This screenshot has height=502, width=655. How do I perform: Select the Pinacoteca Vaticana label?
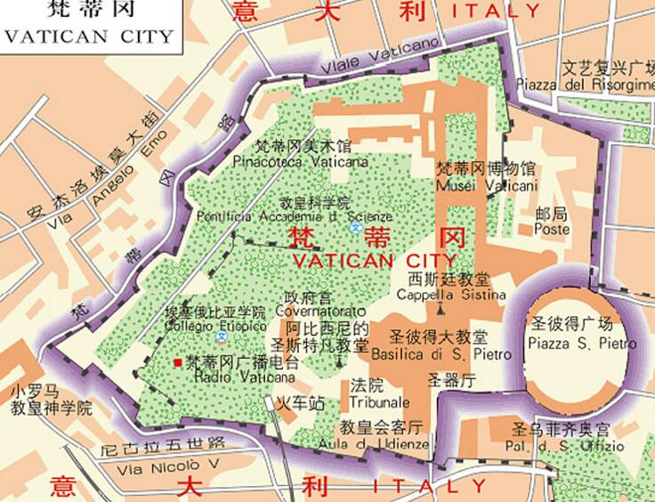pyautogui.click(x=287, y=163)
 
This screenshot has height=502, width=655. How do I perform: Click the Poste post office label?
pyautogui.click(x=552, y=229)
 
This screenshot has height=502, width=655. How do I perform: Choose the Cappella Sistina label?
pyautogui.click(x=451, y=294)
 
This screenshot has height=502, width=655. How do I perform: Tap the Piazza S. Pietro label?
pyautogui.click(x=582, y=344)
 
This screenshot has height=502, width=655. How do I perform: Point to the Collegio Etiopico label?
pyautogui.click(x=215, y=326)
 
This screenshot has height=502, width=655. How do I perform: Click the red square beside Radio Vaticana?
pyautogui.click(x=178, y=362)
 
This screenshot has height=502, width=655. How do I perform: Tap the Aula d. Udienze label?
pyautogui.click(x=383, y=442)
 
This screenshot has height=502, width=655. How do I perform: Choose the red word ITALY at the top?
pyautogui.click(x=497, y=12)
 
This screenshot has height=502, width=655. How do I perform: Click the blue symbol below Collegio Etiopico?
pyautogui.click(x=222, y=340)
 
